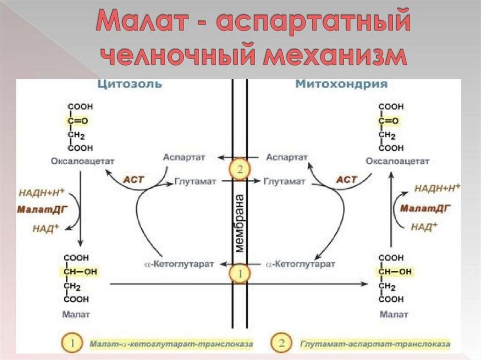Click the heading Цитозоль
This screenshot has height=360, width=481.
click(130, 84)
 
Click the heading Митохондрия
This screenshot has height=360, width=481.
click(341, 84)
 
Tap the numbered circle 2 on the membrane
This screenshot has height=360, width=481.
click(240, 169)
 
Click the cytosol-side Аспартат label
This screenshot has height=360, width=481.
click(184, 157)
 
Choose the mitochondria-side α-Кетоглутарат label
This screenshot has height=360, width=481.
click(301, 264)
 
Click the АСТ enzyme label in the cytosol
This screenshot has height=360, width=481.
click(132, 179)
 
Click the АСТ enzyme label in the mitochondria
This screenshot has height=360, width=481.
click(347, 179)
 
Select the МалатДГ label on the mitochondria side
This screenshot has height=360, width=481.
click(427, 208)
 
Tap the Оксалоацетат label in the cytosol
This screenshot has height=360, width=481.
click(83, 161)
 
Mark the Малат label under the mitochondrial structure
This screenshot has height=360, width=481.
click(393, 314)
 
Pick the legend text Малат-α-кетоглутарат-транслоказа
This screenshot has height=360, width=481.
click(171, 345)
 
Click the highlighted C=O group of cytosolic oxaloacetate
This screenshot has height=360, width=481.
click(77, 121)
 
